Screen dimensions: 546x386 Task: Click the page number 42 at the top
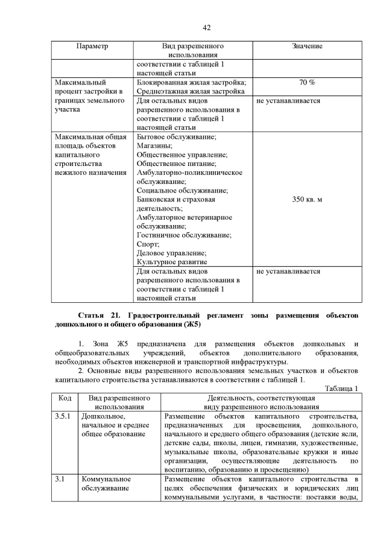pos(206,28)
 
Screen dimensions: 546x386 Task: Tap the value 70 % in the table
pos(307,82)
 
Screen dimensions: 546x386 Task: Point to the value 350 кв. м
pos(307,199)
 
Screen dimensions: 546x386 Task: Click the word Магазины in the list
pos(154,145)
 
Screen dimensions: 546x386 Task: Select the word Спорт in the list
pos(148,244)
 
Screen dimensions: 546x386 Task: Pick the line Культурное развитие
pos(172,262)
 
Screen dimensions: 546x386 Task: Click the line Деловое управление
pos(171,253)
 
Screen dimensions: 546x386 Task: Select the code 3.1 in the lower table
pos(60,479)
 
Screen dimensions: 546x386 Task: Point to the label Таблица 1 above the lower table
pos(342,389)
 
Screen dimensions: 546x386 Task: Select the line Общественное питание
pos(175,163)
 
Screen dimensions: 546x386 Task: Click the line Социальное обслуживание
pos(179,190)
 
